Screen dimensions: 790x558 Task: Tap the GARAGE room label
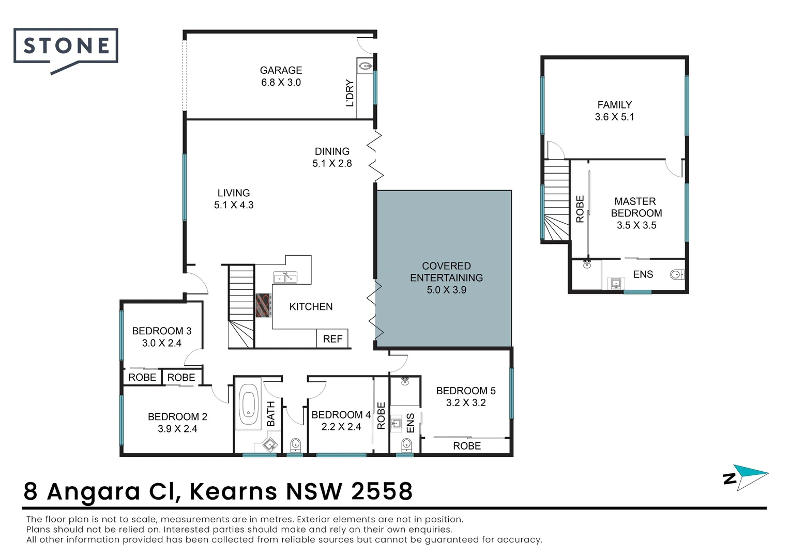[x=281, y=70]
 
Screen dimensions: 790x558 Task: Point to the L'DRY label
[x=350, y=92]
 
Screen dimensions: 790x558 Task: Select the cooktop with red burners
[x=264, y=306]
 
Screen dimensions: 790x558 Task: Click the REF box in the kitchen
[x=332, y=339]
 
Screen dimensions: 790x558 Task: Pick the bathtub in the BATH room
[x=249, y=404]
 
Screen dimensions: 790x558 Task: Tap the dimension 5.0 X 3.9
[x=447, y=290]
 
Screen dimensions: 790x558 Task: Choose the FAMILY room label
[x=615, y=105]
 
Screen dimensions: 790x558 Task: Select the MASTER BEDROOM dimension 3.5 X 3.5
[x=636, y=225]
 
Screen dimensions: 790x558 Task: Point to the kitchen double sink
[x=285, y=277]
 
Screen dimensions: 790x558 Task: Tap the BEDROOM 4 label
[x=341, y=414]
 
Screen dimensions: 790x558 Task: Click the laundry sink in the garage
[x=365, y=66]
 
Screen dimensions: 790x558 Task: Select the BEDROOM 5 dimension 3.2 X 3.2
[x=466, y=402]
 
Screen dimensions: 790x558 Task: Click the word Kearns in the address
[x=234, y=491]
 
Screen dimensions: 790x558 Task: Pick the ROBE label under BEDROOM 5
[x=467, y=446]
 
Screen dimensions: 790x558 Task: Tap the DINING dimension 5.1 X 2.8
[x=332, y=163]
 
